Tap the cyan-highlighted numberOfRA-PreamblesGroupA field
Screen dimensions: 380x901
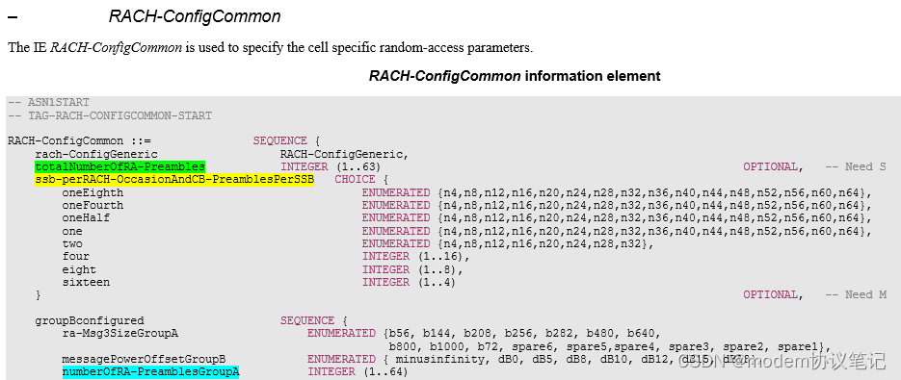coord(150,371)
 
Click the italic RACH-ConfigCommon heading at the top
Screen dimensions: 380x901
coord(195,16)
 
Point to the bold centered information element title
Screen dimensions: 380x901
coord(515,75)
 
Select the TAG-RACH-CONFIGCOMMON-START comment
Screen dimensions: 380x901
coord(110,115)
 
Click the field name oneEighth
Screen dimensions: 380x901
coord(93,192)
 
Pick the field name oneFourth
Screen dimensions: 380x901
coord(93,205)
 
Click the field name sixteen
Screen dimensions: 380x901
coord(86,282)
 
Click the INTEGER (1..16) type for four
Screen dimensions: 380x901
coord(415,256)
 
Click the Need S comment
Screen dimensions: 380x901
coord(855,166)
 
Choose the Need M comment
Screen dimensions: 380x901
coord(855,294)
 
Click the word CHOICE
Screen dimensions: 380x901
coord(355,180)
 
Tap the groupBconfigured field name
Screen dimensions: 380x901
coord(90,320)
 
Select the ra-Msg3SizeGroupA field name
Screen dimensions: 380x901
coord(120,333)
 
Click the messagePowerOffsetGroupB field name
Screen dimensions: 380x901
coord(144,359)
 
